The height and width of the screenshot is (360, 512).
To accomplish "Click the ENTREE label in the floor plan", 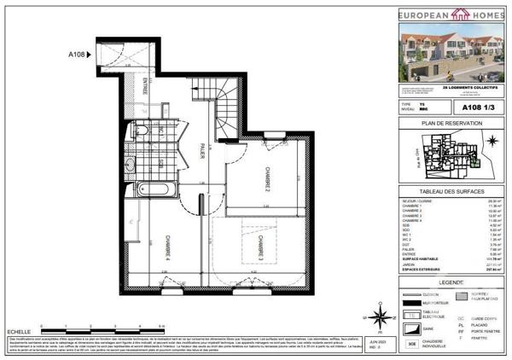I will tap(144, 89).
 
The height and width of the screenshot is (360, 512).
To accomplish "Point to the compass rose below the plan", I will tap(378, 319).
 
